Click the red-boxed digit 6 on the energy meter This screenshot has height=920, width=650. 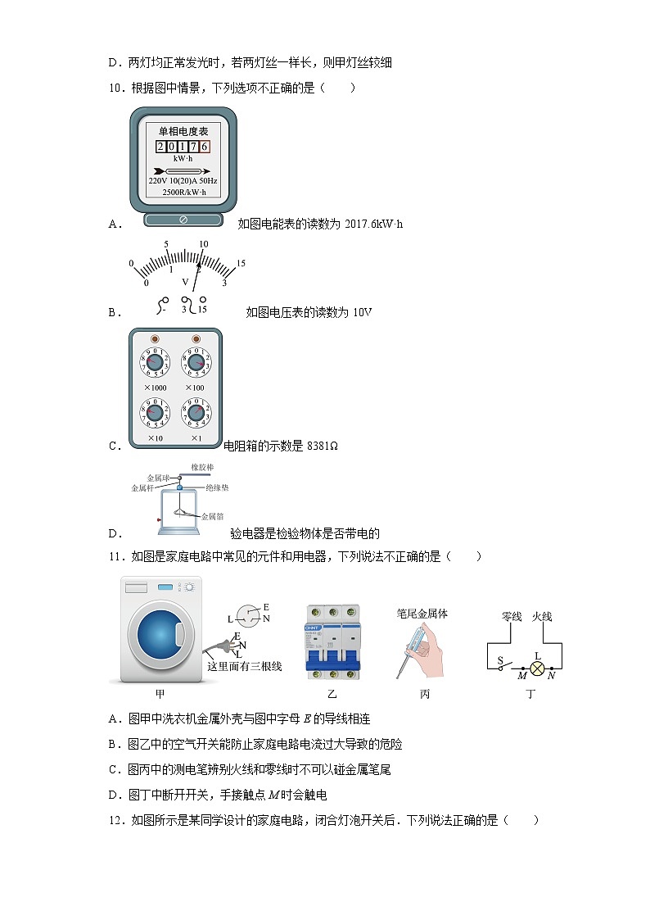[x=205, y=147]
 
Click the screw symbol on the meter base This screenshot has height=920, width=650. [x=183, y=220]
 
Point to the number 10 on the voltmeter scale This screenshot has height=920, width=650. [x=203, y=244]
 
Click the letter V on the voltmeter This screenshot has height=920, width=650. [x=185, y=282]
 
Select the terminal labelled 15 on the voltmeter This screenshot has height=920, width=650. [x=201, y=310]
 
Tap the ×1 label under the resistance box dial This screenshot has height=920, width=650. [x=196, y=438]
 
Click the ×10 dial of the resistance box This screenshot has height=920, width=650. [x=154, y=413]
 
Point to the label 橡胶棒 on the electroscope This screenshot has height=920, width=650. [x=202, y=467]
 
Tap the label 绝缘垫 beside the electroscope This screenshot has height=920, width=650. [x=218, y=487]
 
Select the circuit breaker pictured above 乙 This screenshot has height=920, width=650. [x=332, y=641]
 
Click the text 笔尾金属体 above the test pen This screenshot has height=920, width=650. [x=422, y=614]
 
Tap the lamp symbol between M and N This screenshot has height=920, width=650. [x=538, y=668]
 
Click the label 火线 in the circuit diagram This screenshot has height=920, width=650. [x=542, y=616]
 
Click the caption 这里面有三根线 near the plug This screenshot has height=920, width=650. [x=244, y=666]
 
